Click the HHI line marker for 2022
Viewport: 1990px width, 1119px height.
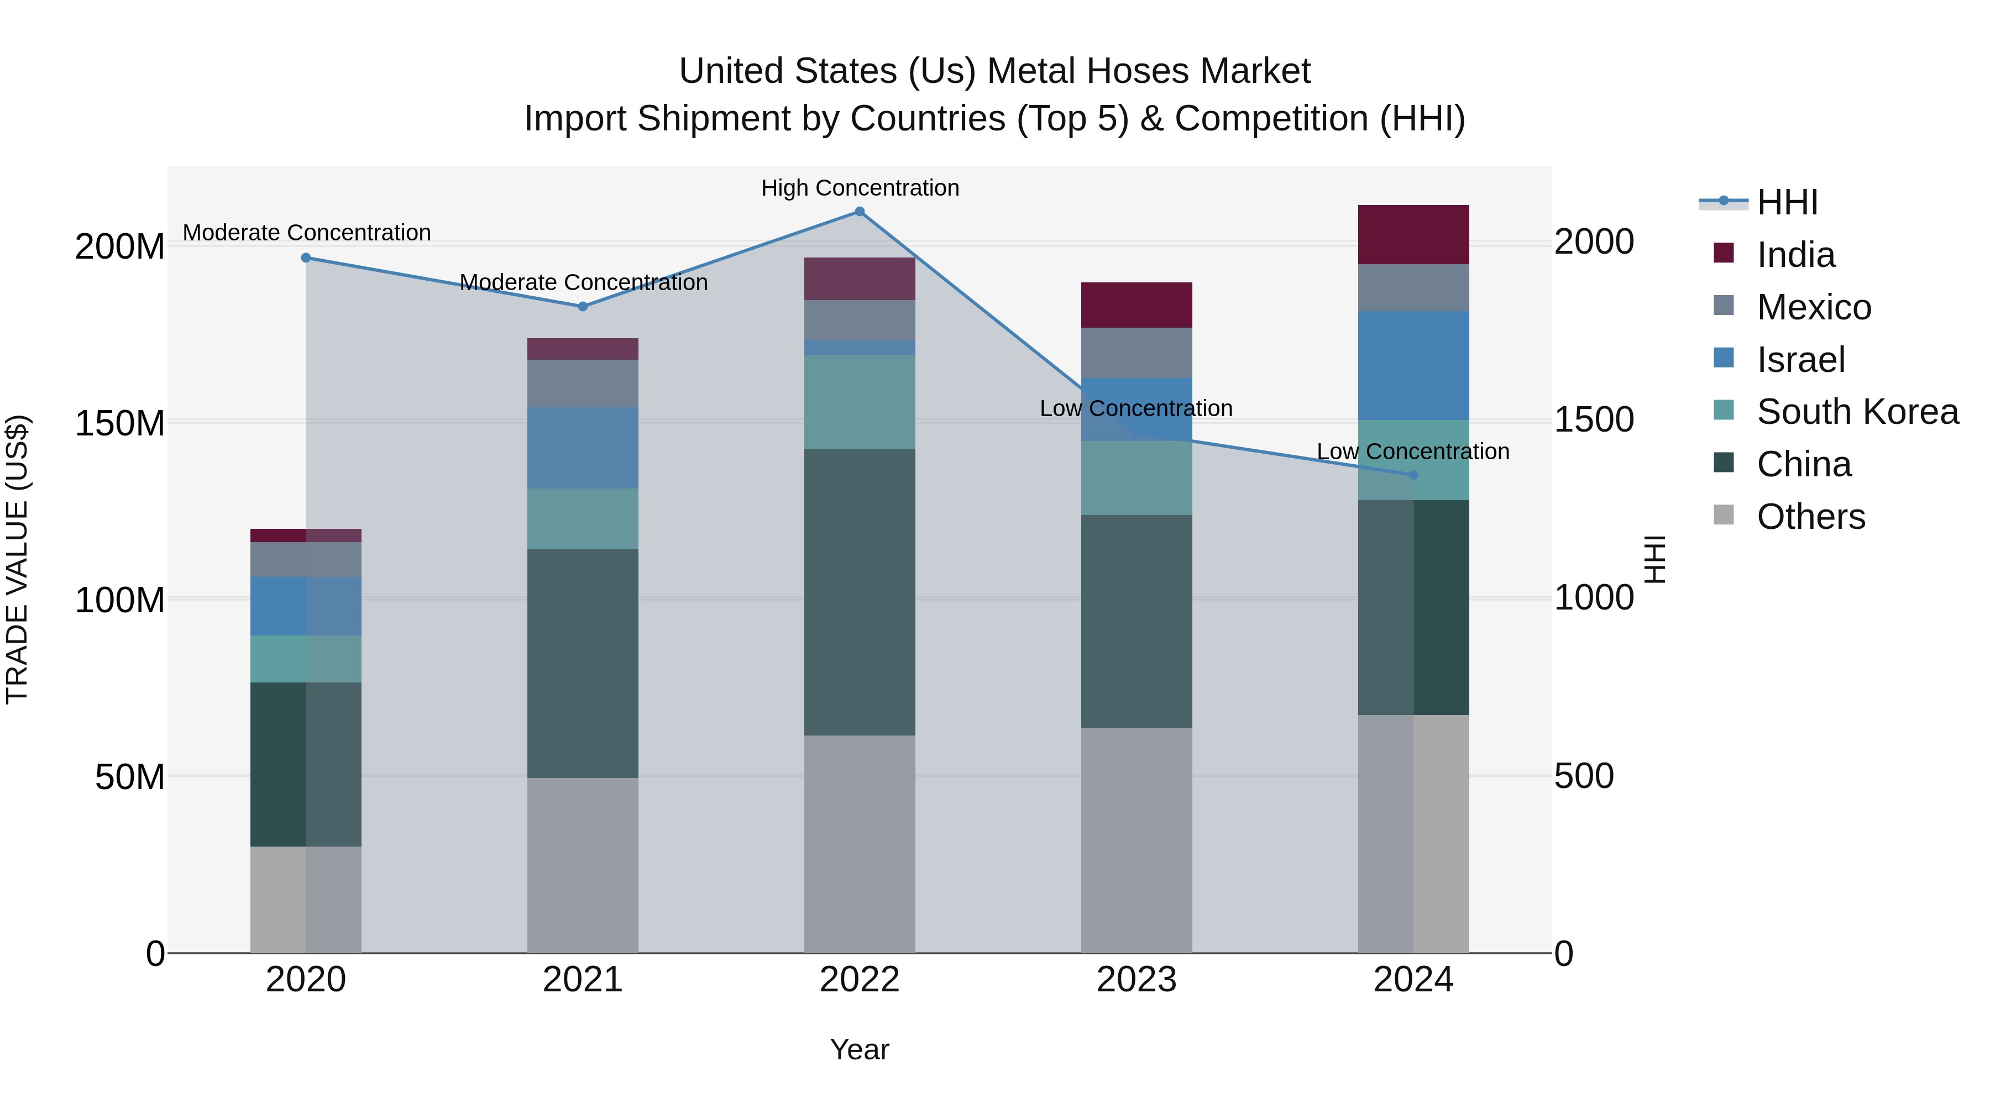click(859, 212)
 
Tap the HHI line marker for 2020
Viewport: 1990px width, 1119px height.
click(306, 258)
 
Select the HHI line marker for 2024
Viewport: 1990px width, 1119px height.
click(1413, 475)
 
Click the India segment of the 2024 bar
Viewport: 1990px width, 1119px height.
click(1413, 235)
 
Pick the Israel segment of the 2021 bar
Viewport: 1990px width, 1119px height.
click(583, 448)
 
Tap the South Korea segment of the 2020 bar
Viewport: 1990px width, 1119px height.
click(306, 659)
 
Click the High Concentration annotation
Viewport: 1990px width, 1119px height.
click(860, 188)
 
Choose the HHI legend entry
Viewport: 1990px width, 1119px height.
click(1786, 202)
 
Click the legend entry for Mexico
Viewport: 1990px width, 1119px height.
click(1813, 307)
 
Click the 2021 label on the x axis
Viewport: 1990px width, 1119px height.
click(583, 980)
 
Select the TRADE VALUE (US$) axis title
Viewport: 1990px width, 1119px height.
click(17, 559)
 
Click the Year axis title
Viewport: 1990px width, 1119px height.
click(859, 1049)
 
